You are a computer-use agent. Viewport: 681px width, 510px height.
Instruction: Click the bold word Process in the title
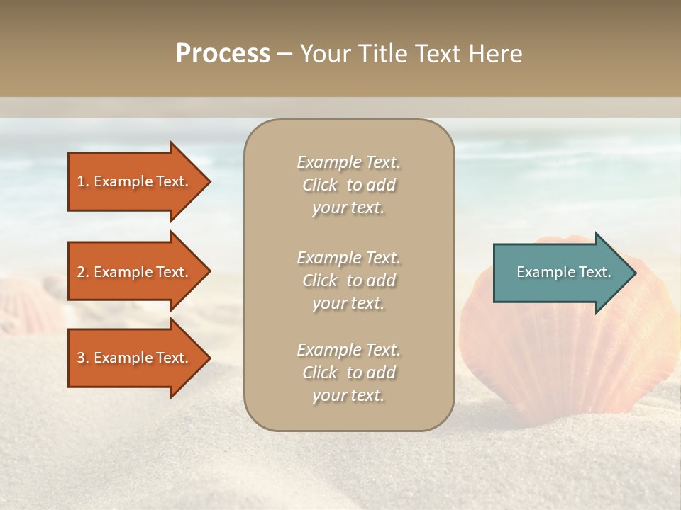point(223,54)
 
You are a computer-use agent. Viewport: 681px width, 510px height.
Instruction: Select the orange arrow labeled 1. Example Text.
point(135,181)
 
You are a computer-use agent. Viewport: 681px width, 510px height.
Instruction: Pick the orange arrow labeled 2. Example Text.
point(135,272)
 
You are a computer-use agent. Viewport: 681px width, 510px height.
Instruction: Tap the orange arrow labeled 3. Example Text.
point(135,358)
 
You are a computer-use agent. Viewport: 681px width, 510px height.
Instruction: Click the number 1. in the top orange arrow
point(83,181)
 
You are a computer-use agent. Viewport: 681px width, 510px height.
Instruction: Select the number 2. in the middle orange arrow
point(83,272)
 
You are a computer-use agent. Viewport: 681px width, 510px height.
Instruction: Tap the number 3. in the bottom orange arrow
point(83,358)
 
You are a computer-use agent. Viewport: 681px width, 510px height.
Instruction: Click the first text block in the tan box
point(348,185)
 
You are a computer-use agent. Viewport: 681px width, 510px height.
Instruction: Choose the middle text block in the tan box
point(348,280)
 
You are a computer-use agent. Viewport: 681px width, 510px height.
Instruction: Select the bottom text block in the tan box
point(348,373)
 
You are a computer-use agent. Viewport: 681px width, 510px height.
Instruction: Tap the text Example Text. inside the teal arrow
point(563,272)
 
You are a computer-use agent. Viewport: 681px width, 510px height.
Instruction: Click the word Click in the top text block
point(320,185)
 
